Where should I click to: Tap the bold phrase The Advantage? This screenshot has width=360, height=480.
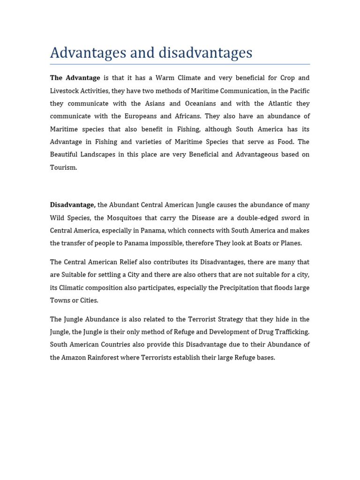pos(75,78)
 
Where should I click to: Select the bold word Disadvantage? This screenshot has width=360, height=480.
pos(73,205)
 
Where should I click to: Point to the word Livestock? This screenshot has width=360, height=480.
pos(66,91)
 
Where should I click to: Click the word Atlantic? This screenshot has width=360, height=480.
pos(276,104)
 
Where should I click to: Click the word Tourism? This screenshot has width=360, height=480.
pos(63,167)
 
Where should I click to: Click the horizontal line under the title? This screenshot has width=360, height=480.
pos(180,64)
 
